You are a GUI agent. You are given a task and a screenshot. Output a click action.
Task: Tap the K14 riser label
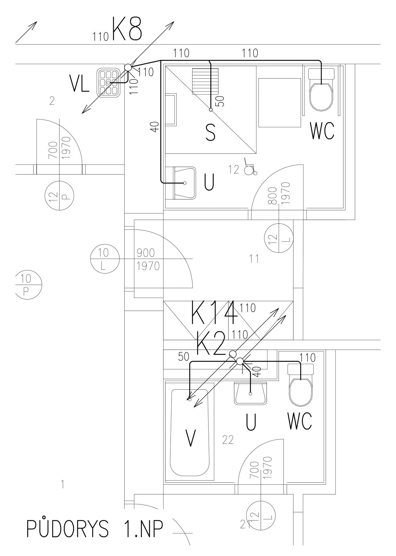point(214,313)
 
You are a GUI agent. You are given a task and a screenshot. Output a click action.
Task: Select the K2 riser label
point(211,343)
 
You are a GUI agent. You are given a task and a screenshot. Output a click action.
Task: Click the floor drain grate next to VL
point(109,82)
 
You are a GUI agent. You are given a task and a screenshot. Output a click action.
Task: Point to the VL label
point(79,83)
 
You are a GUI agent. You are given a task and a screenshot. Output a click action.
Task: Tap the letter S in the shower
point(210,133)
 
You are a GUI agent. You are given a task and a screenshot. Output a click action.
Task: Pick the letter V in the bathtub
point(191,438)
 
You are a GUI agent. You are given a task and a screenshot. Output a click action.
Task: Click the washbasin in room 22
point(251,394)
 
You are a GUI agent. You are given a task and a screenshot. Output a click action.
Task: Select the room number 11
point(254,259)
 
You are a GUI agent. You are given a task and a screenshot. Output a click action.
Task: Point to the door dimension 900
point(145,253)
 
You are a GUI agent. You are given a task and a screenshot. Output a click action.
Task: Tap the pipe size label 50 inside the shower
point(221,101)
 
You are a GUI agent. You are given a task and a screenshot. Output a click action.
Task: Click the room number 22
point(228,440)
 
